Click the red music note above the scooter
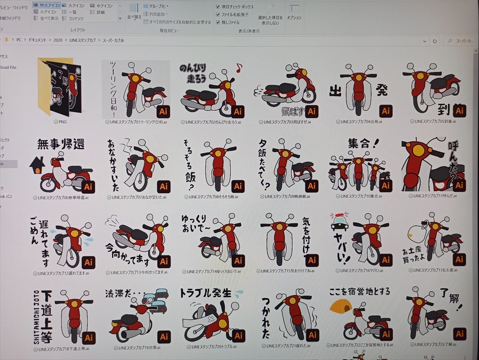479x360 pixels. click(239, 68)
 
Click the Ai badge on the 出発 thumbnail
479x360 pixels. click(386, 111)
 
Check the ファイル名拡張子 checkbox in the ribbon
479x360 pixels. click(218, 14)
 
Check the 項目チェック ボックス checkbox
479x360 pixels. click(218, 7)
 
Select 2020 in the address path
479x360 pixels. click(58, 40)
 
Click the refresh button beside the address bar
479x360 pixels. click(435, 41)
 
